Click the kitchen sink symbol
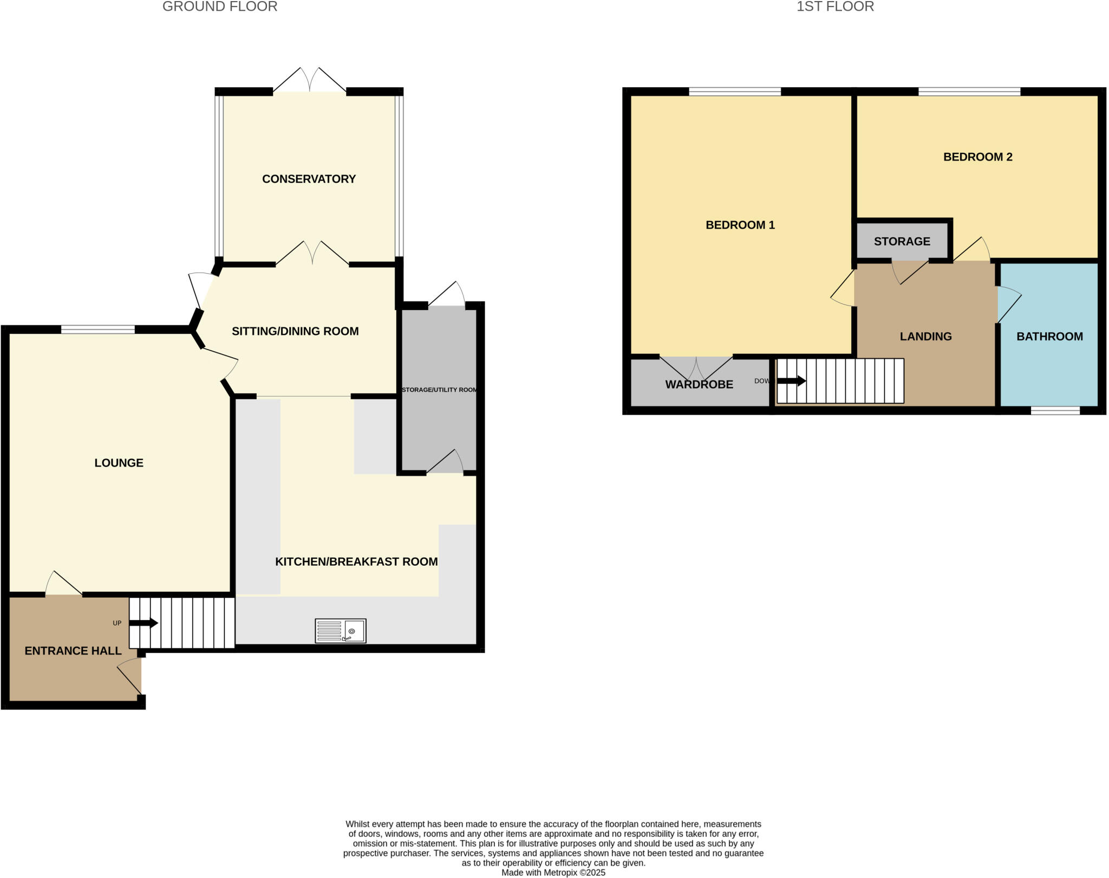(341, 631)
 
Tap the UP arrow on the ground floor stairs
(143, 623)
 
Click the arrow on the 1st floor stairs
(791, 381)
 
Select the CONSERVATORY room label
(309, 179)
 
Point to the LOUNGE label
(119, 463)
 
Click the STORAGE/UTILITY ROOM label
(439, 390)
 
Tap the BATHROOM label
(1049, 337)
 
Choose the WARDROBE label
(699, 385)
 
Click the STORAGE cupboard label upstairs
(902, 242)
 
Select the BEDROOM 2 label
(977, 157)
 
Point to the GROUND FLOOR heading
(220, 7)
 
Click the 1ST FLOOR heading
(835, 7)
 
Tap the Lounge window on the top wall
(97, 329)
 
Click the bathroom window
(1055, 411)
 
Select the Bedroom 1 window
(734, 92)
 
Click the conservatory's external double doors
(309, 81)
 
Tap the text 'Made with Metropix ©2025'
(553, 873)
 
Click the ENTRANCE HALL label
(73, 651)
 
